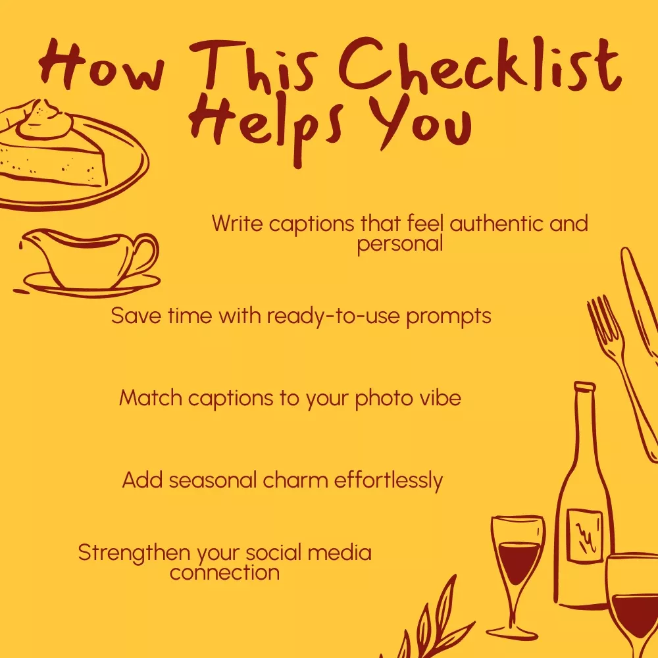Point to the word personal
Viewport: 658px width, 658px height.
(400, 244)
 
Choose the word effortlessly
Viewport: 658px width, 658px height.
(388, 480)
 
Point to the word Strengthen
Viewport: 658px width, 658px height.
(134, 553)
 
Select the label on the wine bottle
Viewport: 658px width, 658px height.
(584, 536)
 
